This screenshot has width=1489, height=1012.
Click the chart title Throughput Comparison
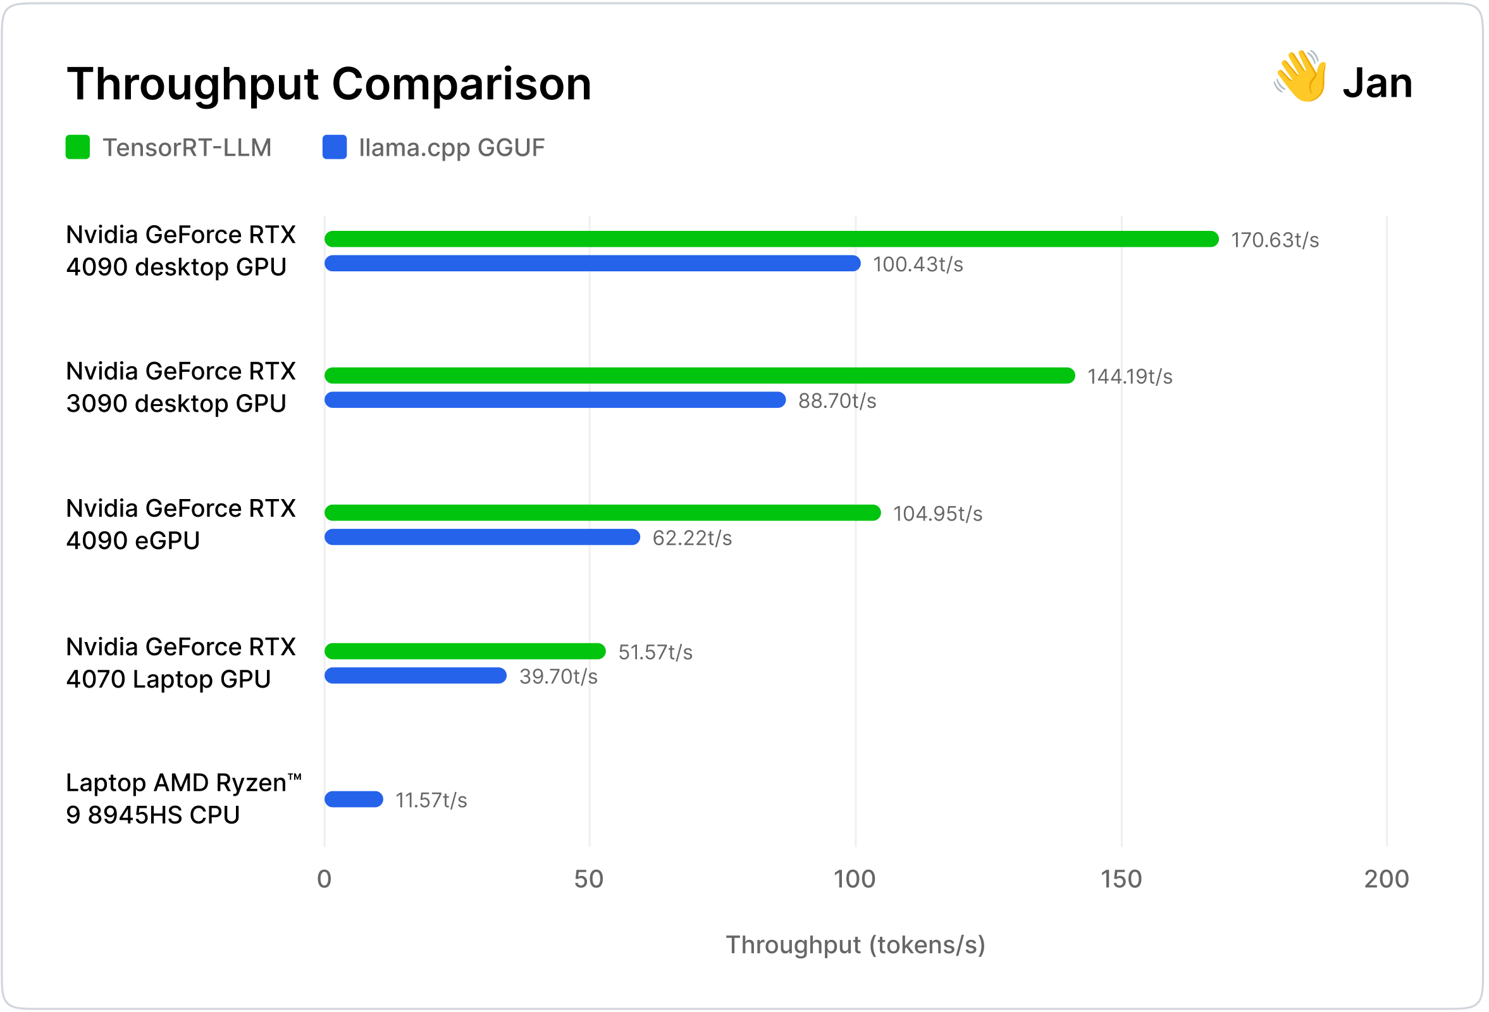point(329,84)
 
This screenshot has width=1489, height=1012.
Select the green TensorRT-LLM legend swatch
point(78,147)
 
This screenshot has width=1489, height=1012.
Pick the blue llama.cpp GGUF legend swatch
point(335,147)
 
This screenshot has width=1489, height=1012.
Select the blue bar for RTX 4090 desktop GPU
point(592,263)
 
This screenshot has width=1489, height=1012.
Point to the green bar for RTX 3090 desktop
point(699,375)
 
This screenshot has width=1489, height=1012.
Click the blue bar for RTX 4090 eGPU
point(482,537)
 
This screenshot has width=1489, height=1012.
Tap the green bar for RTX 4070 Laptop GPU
point(464,651)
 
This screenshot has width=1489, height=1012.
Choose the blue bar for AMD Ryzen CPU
point(354,799)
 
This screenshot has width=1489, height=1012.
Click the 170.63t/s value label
point(1275,240)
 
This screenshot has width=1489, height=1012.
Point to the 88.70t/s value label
point(837,401)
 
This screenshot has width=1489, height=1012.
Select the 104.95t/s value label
point(937,514)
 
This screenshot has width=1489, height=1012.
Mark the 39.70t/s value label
point(558,676)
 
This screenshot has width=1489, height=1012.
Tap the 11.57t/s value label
point(431,800)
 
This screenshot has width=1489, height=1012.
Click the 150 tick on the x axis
point(1121,879)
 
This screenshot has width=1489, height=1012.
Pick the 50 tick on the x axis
point(589,879)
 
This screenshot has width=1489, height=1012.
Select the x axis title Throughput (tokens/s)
point(855,945)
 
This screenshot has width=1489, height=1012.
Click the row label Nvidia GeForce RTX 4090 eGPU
point(181,524)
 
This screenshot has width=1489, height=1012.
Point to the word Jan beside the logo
point(1377,83)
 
